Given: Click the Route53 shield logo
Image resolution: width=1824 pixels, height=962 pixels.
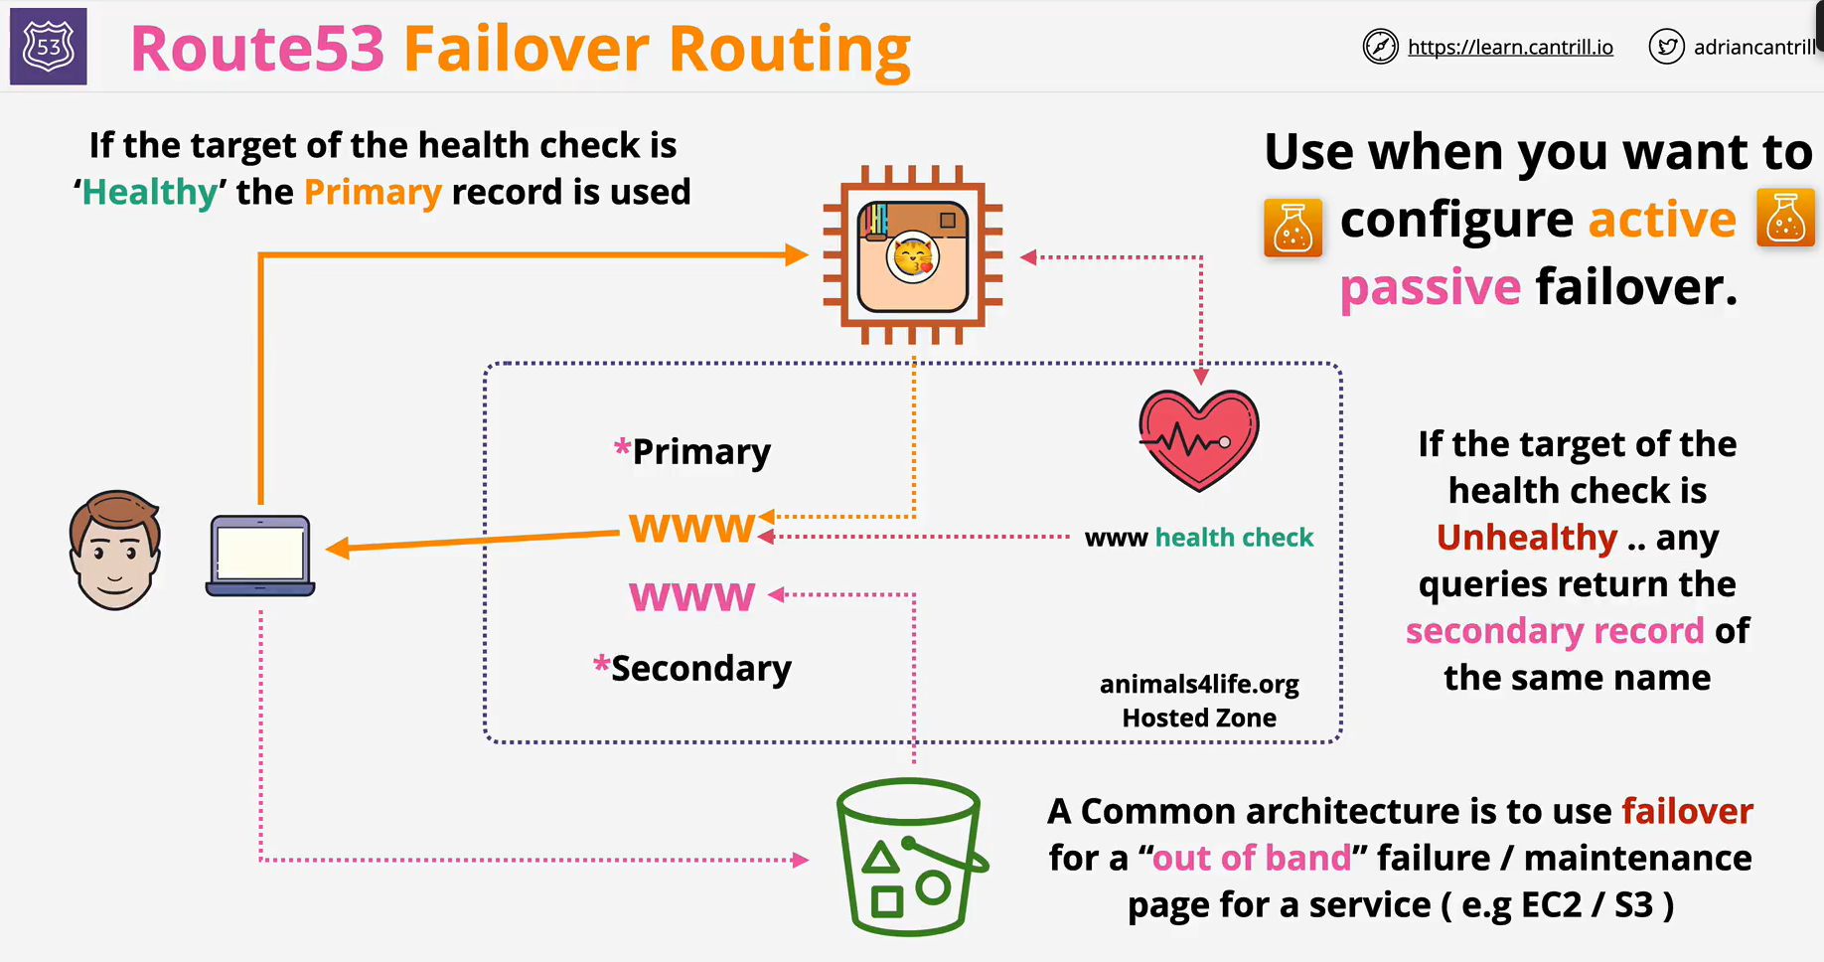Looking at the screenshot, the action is (x=48, y=47).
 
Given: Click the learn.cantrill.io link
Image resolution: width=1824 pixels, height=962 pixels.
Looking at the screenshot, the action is (x=1510, y=47).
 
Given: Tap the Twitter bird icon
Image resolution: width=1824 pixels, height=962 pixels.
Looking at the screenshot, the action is (x=1666, y=47).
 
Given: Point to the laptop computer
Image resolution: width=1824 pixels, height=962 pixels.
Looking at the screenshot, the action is (x=260, y=556).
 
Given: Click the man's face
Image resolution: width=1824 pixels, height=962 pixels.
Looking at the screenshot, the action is (x=115, y=550).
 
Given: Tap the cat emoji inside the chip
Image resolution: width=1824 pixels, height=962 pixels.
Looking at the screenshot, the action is (x=913, y=257).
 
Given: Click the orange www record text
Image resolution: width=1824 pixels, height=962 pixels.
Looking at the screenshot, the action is (x=692, y=528).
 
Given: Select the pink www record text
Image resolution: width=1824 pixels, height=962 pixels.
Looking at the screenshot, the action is (x=692, y=596).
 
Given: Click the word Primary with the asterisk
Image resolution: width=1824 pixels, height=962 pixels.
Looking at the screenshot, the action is (x=692, y=451).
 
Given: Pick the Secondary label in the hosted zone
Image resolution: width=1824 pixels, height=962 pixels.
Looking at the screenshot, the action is (x=692, y=668).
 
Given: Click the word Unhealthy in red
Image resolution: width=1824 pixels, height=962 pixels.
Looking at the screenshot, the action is (x=1527, y=538).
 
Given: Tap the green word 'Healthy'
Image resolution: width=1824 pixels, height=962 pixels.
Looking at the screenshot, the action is (x=150, y=192).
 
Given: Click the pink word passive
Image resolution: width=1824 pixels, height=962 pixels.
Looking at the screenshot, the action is (x=1430, y=288).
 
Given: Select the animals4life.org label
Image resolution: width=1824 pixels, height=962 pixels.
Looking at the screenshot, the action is (x=1199, y=685).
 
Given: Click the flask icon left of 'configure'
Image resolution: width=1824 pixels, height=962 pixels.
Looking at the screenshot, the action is (x=1292, y=228).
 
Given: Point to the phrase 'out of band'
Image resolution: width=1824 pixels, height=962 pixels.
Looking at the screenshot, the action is (x=1252, y=858).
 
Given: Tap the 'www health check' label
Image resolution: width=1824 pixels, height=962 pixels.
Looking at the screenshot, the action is (x=1199, y=538).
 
